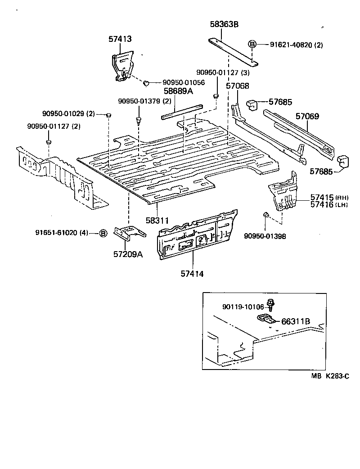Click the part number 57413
(x=120, y=39)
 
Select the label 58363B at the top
(x=224, y=25)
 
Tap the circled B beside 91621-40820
(x=252, y=44)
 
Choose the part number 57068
(x=237, y=86)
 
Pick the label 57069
(x=307, y=117)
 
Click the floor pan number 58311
(x=157, y=221)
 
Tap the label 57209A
(x=128, y=254)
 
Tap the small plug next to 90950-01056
(x=146, y=83)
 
